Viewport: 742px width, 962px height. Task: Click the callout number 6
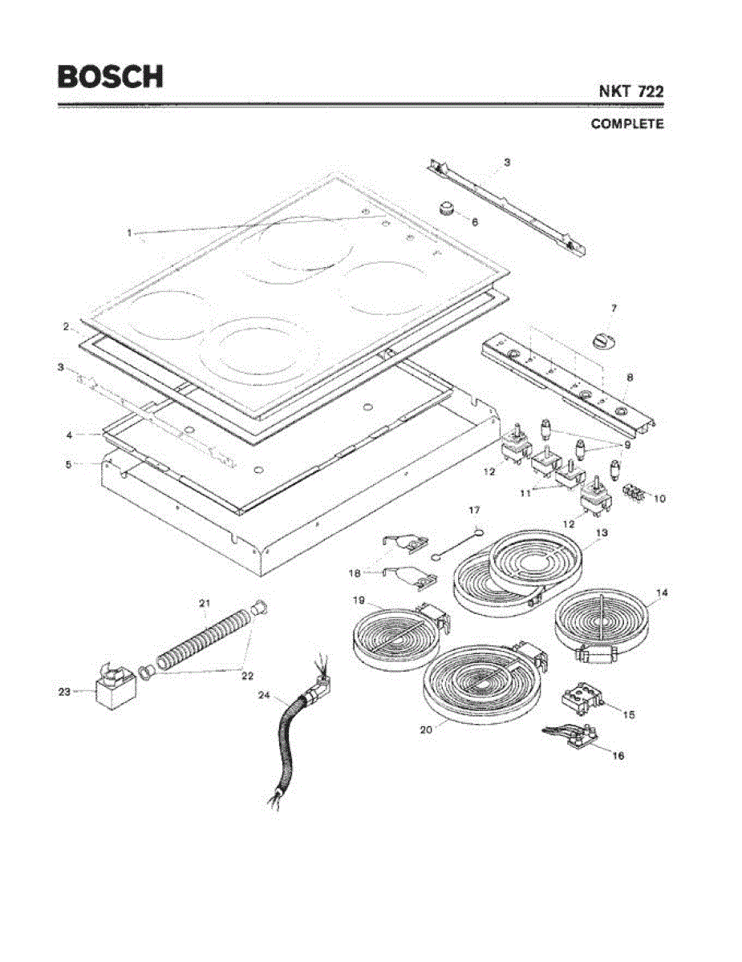coord(474,221)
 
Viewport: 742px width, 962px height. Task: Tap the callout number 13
coord(602,532)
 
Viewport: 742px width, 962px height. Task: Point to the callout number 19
coord(359,600)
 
